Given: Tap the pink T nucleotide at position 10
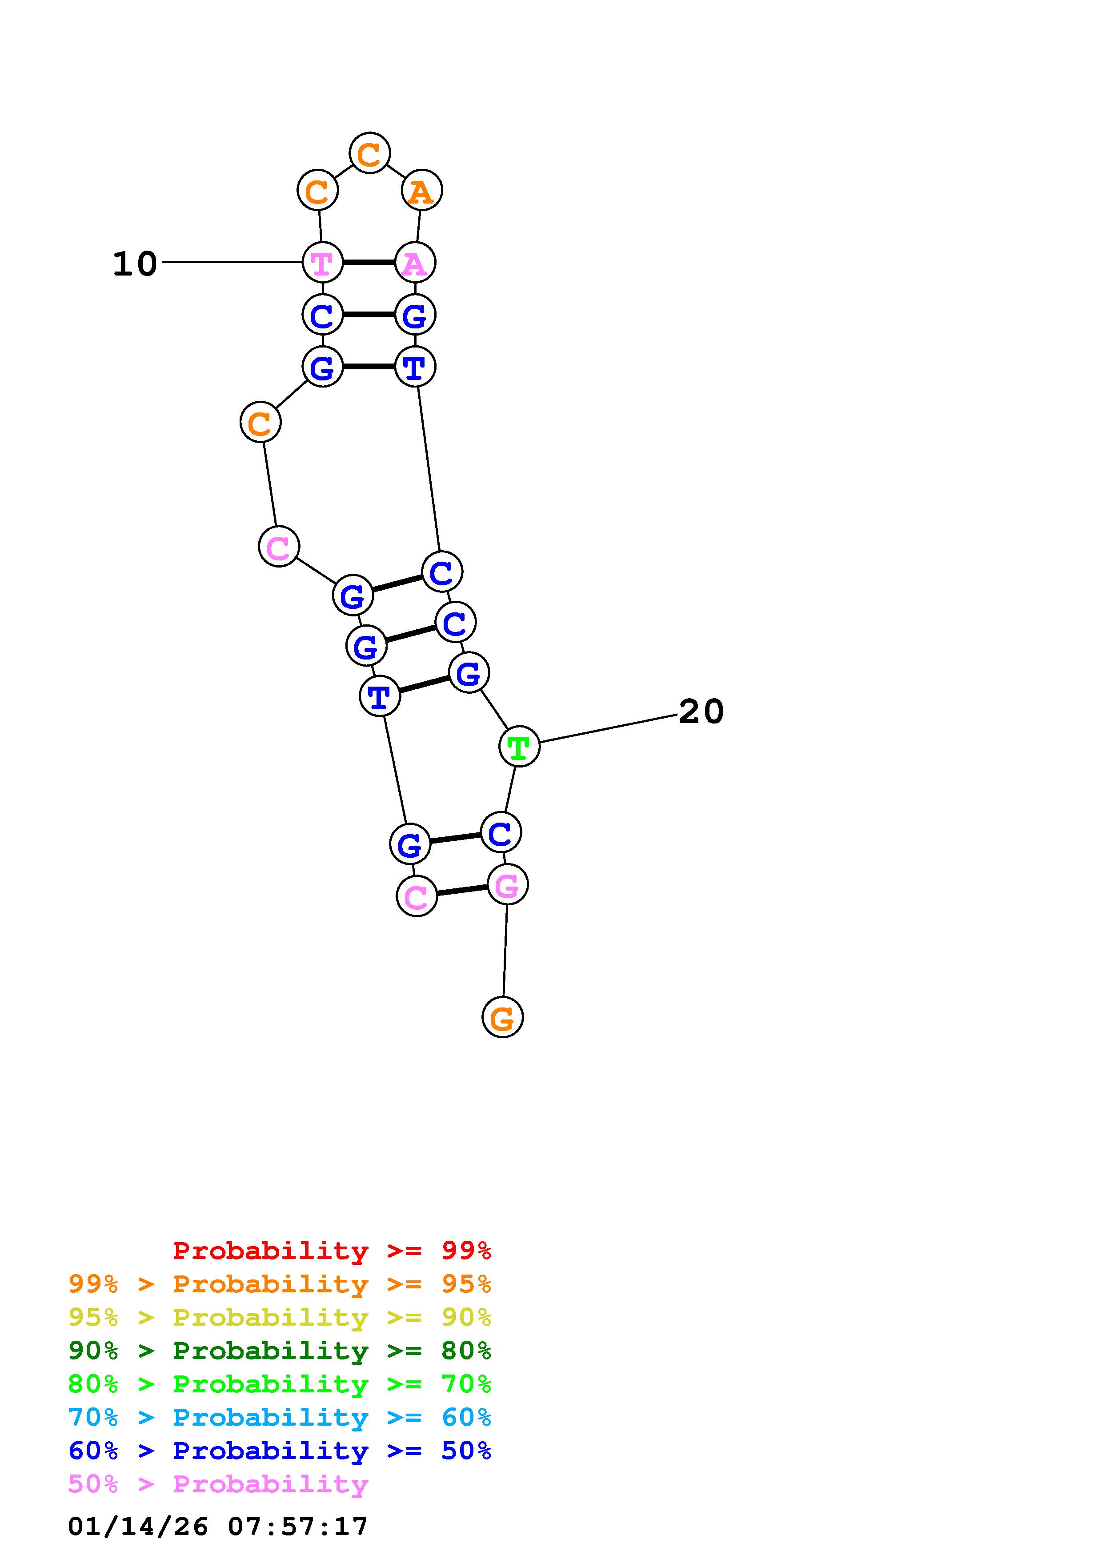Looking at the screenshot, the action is coord(322,263).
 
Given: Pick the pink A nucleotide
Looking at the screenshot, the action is coord(415,263).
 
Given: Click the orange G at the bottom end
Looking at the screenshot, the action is coord(502,1017).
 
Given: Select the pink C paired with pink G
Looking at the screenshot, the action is coord(416,896).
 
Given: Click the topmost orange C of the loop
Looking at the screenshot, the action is coord(369,153).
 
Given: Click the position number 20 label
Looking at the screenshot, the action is coord(701,712).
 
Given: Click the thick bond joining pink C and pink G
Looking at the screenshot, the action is coord(462,890).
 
